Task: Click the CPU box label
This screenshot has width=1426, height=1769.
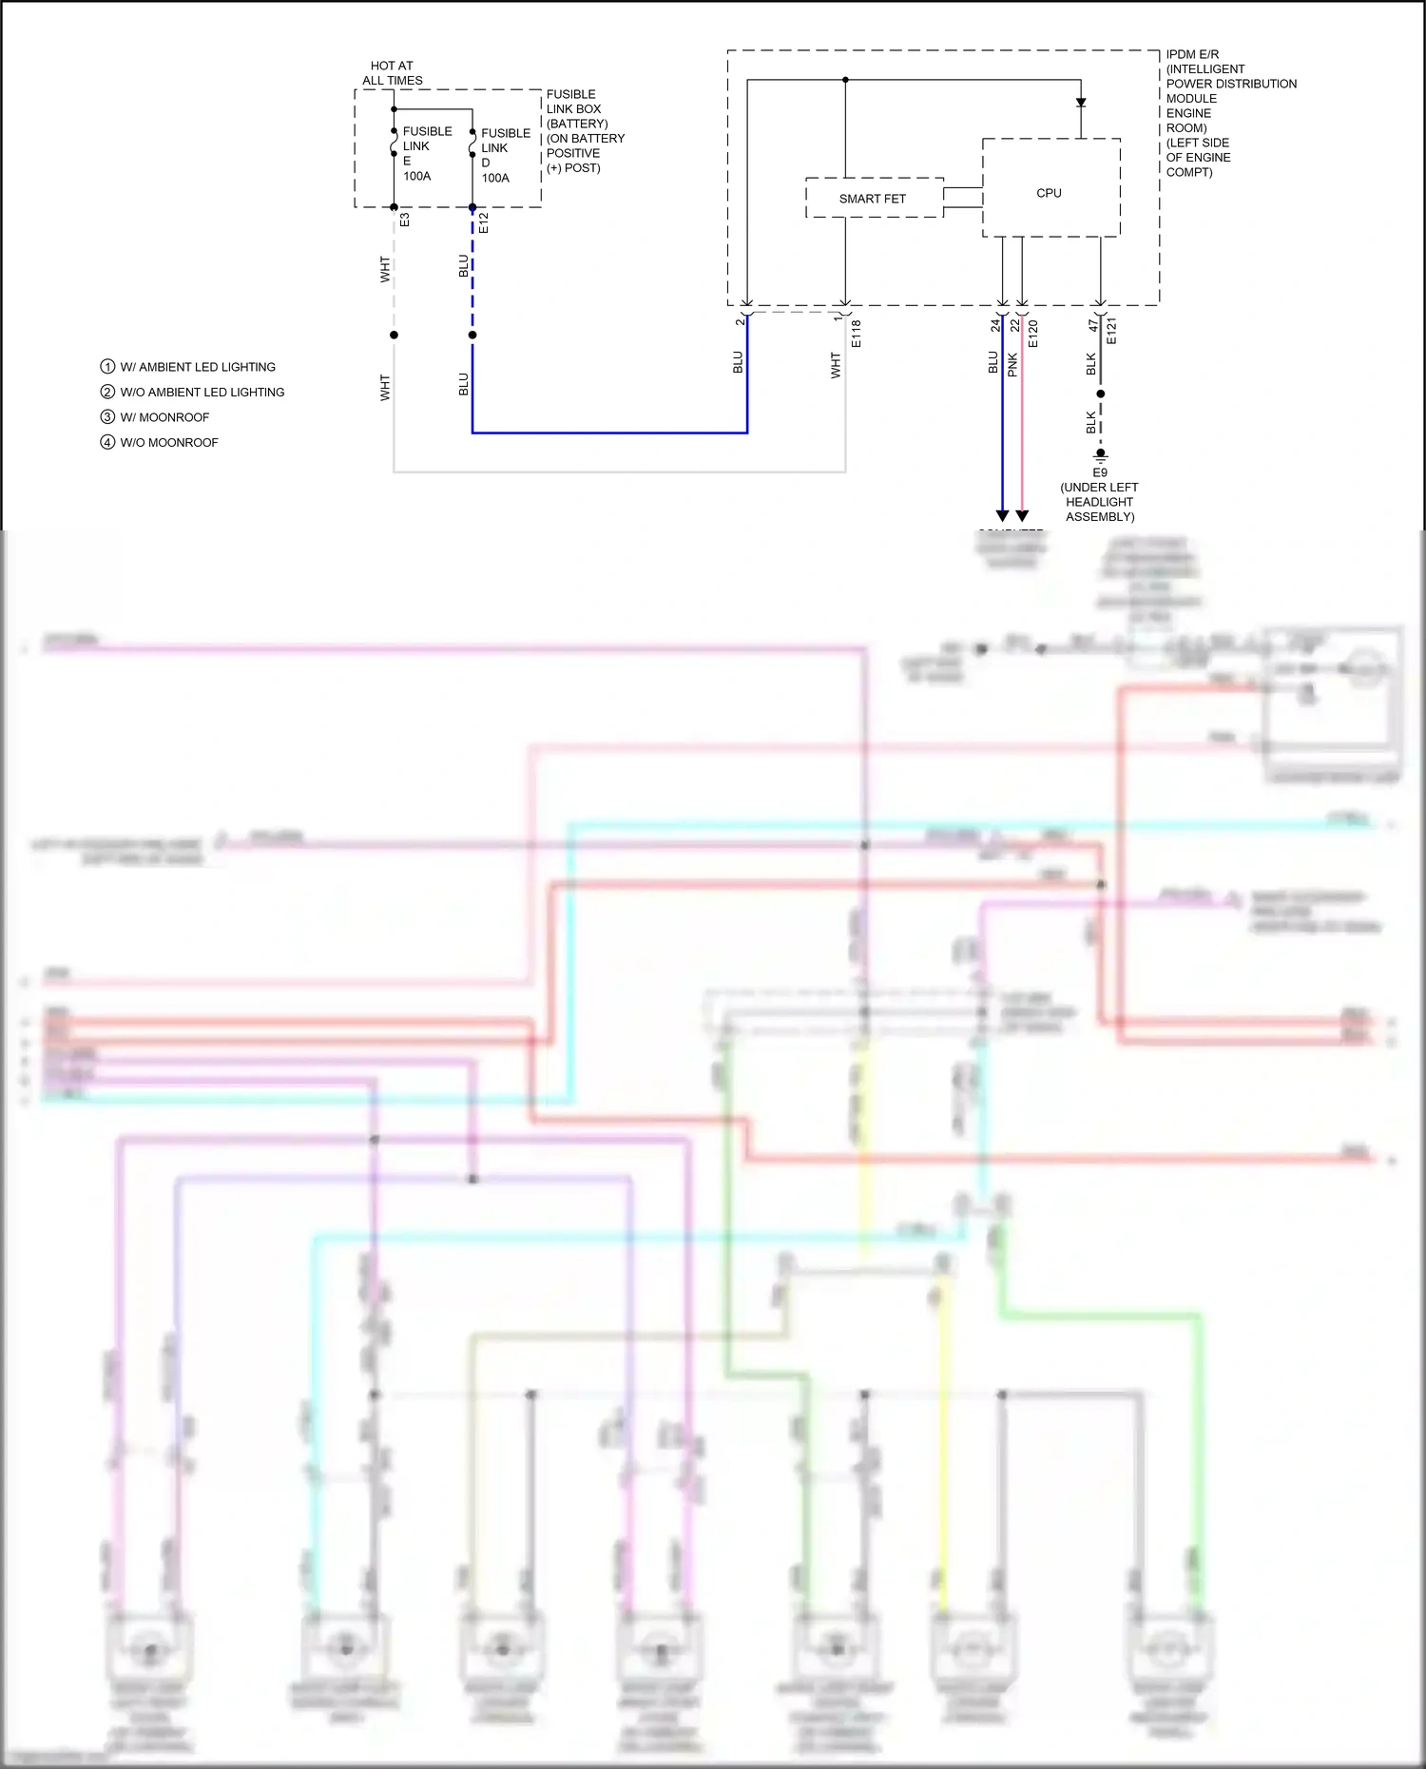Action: click(x=1049, y=193)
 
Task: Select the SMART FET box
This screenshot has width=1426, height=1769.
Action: click(x=873, y=199)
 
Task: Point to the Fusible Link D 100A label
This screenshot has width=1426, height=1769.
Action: click(x=504, y=156)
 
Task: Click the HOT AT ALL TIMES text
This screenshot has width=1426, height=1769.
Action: click(x=392, y=73)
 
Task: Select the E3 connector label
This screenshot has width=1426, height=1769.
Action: click(x=405, y=220)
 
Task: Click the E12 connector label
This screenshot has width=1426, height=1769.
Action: click(x=484, y=222)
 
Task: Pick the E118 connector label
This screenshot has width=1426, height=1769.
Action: click(x=857, y=334)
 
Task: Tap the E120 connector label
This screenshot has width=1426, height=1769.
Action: click(x=1033, y=334)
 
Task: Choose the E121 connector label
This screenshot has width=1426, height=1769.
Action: click(x=1112, y=332)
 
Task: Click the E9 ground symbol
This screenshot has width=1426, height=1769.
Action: click(x=1100, y=455)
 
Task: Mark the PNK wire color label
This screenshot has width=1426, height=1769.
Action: click(x=1013, y=364)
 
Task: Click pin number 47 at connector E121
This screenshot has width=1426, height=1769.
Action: click(x=1093, y=325)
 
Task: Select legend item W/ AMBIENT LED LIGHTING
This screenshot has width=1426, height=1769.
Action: click(x=197, y=367)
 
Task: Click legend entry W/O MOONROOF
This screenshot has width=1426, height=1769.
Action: click(x=168, y=443)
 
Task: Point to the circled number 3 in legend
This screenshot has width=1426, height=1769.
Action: click(x=107, y=417)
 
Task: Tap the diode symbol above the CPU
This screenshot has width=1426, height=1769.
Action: click(x=1081, y=102)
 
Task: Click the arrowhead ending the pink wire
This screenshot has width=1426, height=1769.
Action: click(x=1022, y=516)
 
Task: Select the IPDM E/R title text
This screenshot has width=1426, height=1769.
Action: click(x=1192, y=54)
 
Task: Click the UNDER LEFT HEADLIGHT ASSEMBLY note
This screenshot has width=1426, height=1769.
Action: click(x=1099, y=502)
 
